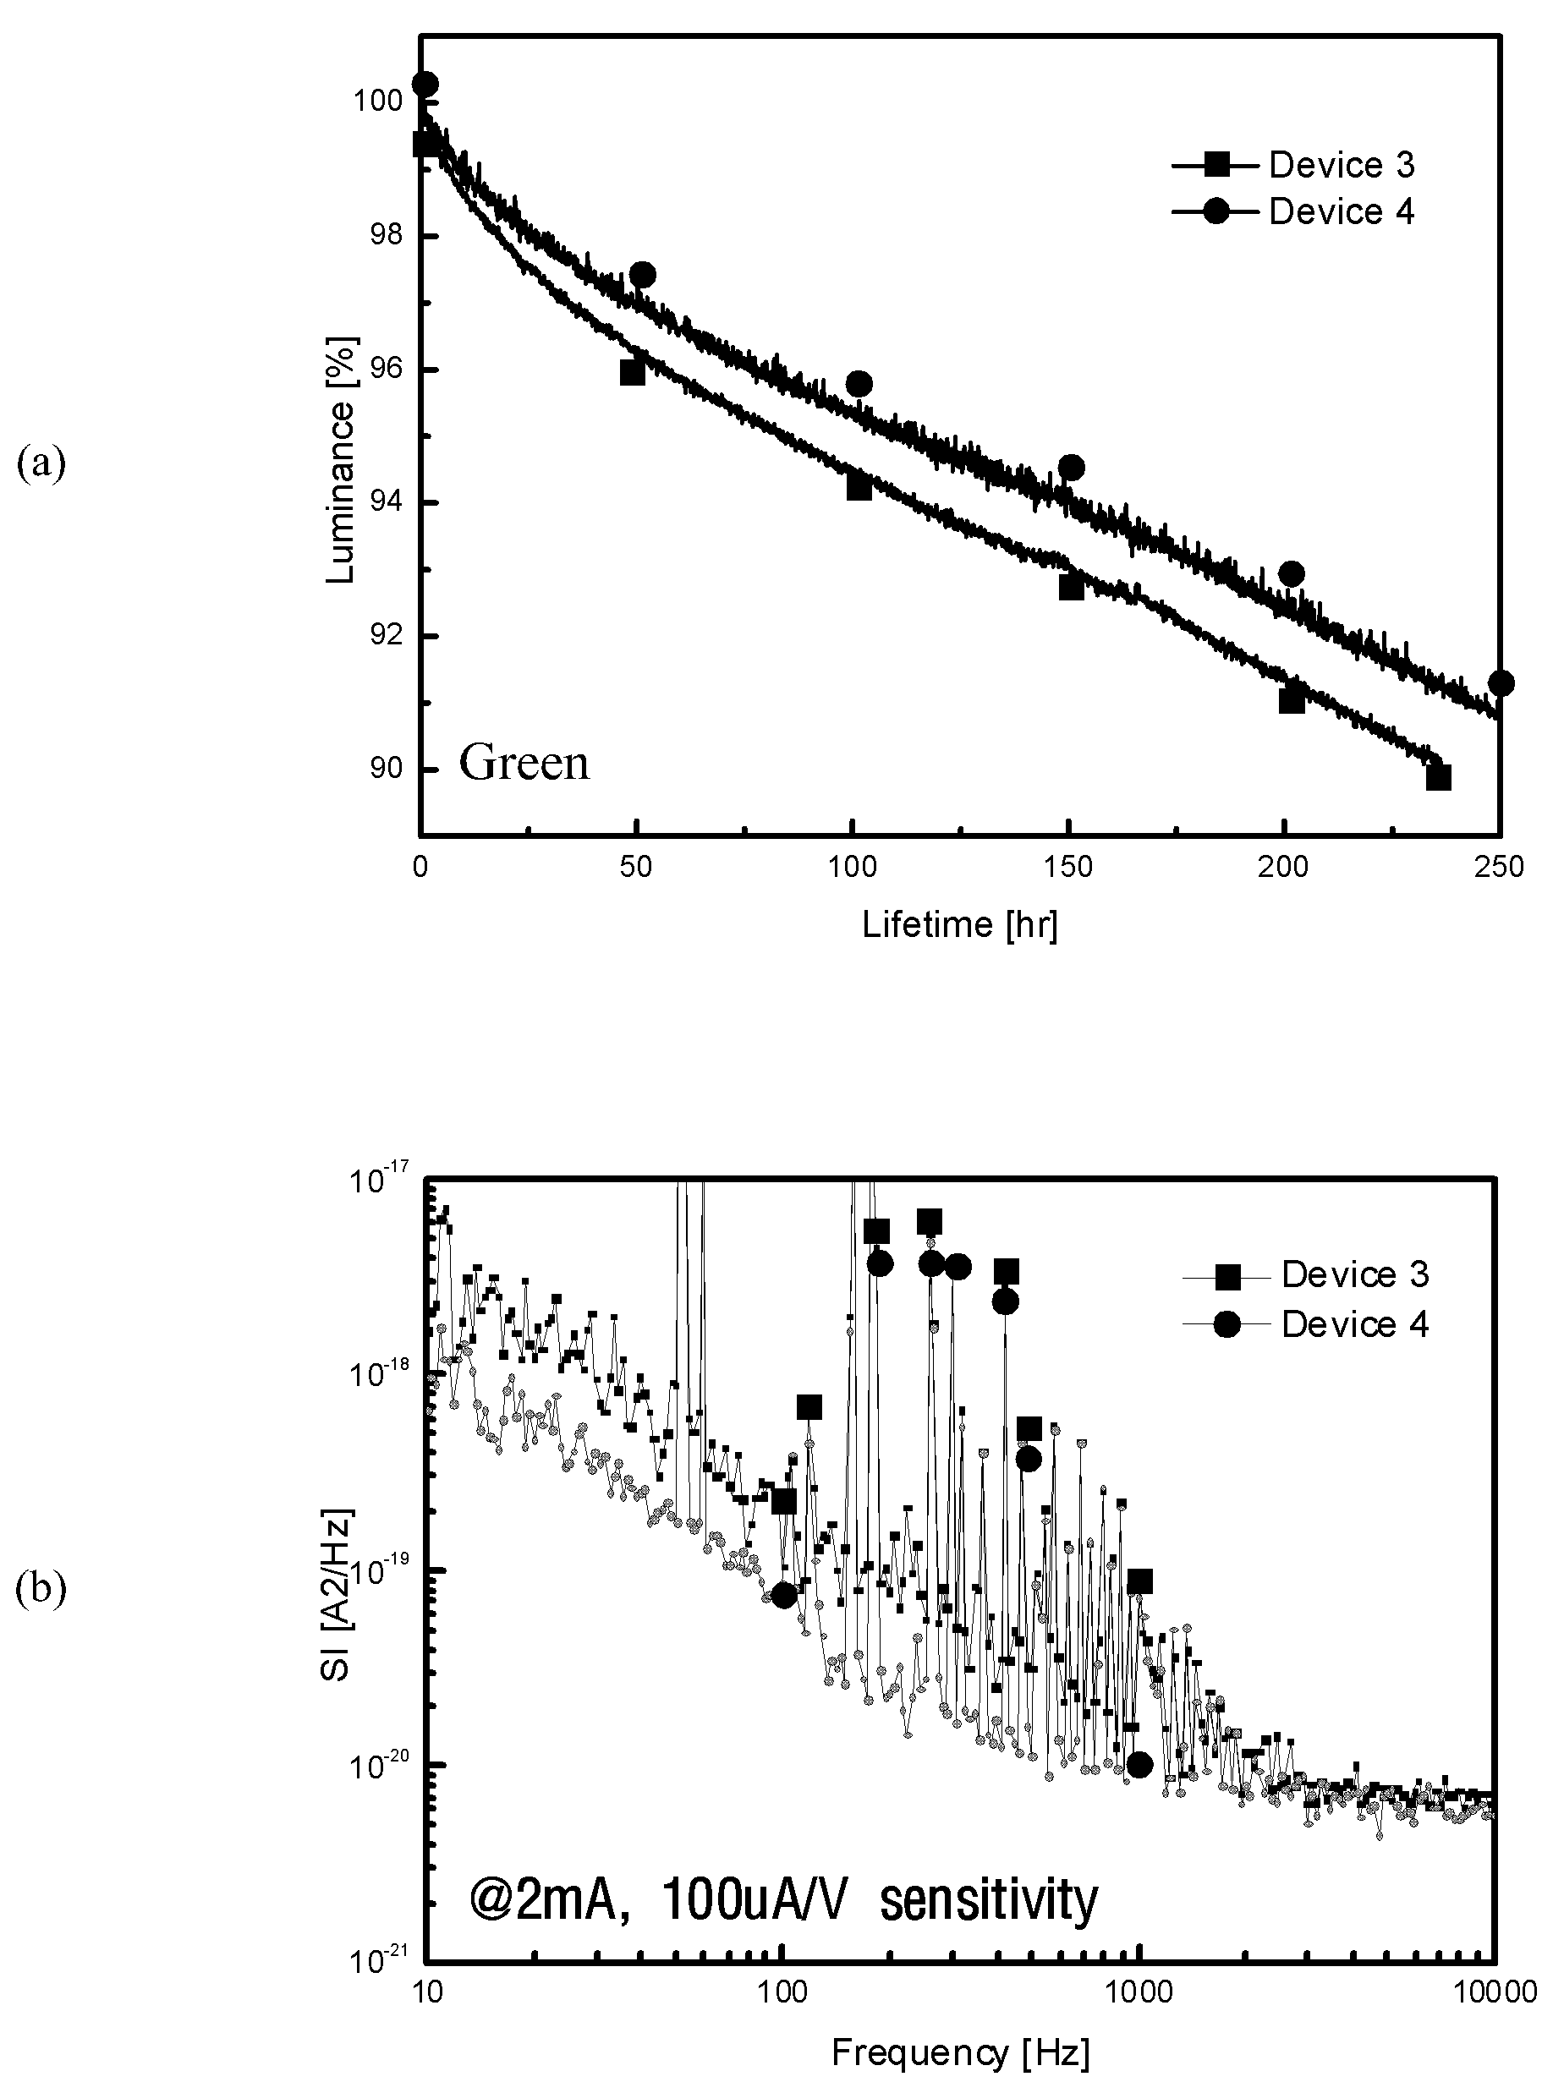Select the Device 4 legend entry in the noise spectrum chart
(1306, 1324)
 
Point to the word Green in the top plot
(524, 762)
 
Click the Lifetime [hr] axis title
(960, 925)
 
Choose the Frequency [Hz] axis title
(961, 2053)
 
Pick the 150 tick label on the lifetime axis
(1069, 868)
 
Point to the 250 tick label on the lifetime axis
(1500, 868)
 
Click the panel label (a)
(41, 464)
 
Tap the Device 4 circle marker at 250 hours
(1501, 683)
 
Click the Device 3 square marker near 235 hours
(1438, 777)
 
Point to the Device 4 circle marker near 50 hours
(643, 276)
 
